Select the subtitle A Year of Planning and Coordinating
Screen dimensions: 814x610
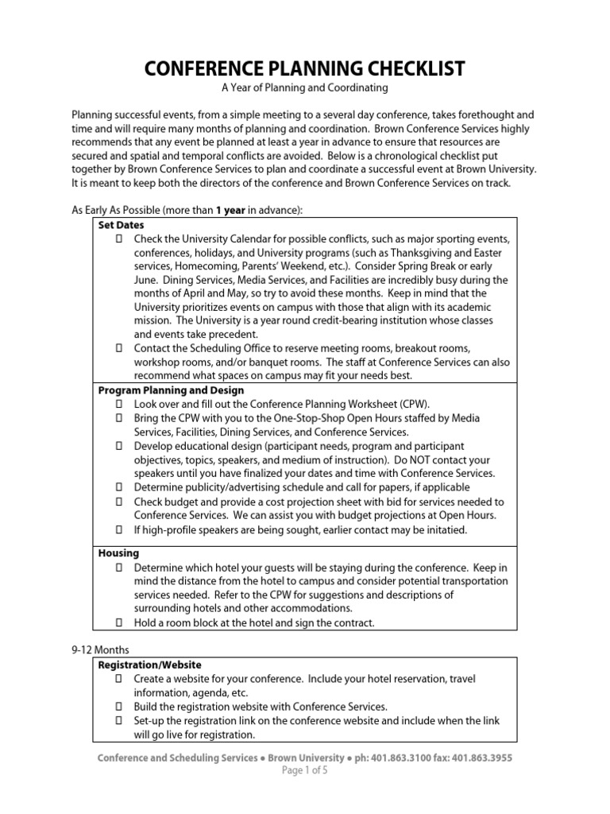click(x=305, y=87)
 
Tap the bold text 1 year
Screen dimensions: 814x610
click(x=231, y=210)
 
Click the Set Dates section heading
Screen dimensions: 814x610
click(x=121, y=225)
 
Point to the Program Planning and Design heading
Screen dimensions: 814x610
click(x=171, y=390)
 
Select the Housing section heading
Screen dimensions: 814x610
click(x=118, y=552)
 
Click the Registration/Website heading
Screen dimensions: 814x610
click(x=149, y=665)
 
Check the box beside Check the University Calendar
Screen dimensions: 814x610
click(x=119, y=238)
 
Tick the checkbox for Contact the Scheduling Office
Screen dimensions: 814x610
click(x=119, y=348)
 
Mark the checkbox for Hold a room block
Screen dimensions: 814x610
click(x=119, y=622)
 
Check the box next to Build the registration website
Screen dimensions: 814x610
click(x=119, y=707)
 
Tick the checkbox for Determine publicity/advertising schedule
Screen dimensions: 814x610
click(x=119, y=487)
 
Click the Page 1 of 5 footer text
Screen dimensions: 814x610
click(x=305, y=771)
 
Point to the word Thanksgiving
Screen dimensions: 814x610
click(x=411, y=253)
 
